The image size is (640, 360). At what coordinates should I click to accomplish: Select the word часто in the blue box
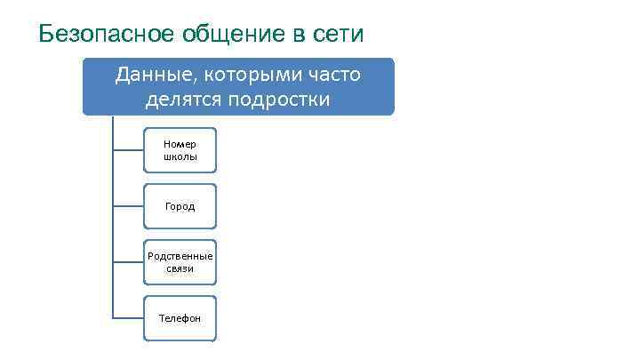[331, 75]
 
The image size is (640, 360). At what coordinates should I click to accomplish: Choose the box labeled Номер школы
[180, 149]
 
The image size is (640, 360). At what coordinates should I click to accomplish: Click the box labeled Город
[180, 206]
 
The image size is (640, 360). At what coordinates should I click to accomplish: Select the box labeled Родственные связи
[180, 262]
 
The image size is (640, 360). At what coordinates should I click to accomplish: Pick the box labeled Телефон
[180, 318]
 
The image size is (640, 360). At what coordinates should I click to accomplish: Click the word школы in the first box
[180, 156]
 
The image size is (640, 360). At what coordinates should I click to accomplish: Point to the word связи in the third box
[180, 268]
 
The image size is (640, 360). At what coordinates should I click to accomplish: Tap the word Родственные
[180, 256]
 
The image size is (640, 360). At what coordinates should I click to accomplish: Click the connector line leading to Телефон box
[128, 318]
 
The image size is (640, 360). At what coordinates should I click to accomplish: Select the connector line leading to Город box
[128, 206]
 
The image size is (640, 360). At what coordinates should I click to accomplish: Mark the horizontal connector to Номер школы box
[128, 149]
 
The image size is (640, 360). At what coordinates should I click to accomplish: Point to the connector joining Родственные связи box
[128, 262]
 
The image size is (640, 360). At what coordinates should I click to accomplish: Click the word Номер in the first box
[180, 143]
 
